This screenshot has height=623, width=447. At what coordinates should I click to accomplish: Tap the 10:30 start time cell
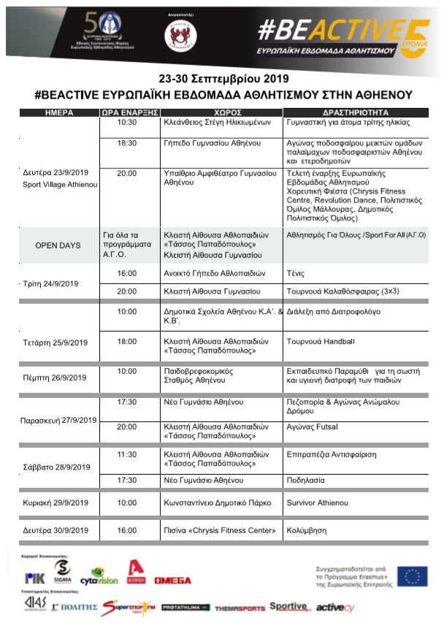point(127,123)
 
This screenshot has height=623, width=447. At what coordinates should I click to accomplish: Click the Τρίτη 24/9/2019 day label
point(51,283)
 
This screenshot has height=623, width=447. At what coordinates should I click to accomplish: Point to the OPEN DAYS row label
point(58,245)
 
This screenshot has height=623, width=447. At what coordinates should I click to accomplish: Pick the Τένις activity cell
point(297,273)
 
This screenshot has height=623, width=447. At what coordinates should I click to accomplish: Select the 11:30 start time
point(127,454)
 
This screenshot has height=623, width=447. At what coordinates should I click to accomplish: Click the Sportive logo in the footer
point(288,606)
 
